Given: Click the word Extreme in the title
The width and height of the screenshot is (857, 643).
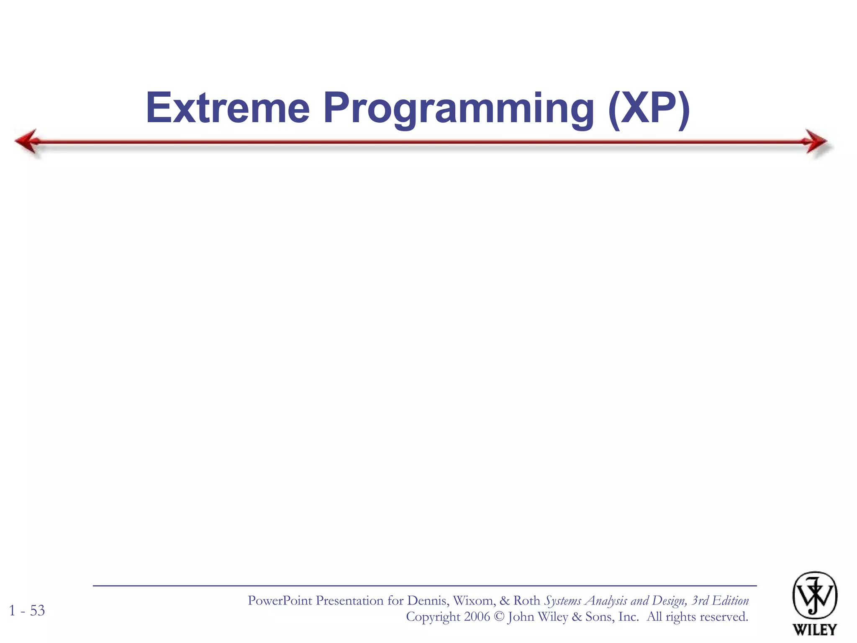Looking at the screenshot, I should pos(228,108).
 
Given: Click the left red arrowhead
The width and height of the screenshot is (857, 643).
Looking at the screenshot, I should pos(27,141).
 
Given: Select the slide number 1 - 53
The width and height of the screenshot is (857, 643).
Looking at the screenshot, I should pos(27,610).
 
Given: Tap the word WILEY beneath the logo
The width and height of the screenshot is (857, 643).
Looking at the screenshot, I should pos(815,629).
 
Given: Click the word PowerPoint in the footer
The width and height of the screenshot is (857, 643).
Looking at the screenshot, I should pos(280,601).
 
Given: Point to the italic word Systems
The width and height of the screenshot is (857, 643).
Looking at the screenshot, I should pos(562,601).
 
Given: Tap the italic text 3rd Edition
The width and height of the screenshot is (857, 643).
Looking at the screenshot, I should pos(720,601).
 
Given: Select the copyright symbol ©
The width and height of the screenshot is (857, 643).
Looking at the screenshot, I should pos(499,617).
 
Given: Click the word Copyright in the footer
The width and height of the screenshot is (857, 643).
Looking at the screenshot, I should pos(433,617).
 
